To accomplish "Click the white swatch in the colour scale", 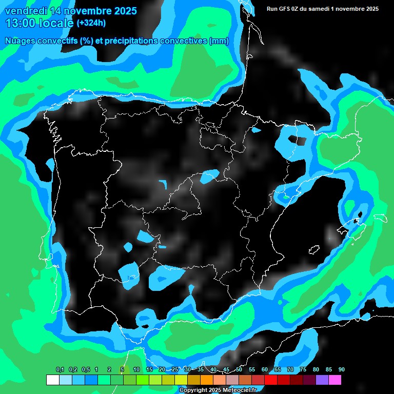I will point(52,380).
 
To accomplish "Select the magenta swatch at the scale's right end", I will point(335,380).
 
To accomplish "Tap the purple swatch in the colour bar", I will point(322,380).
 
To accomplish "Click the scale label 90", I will point(341,370).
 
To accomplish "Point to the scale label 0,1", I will point(60,370).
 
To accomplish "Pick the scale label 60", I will point(264,370).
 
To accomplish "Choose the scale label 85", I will point(328,370).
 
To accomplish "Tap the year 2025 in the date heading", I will point(122,11).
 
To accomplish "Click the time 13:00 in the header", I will point(21,23).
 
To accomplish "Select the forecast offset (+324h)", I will point(91,23).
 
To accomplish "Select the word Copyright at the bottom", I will point(194,390).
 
